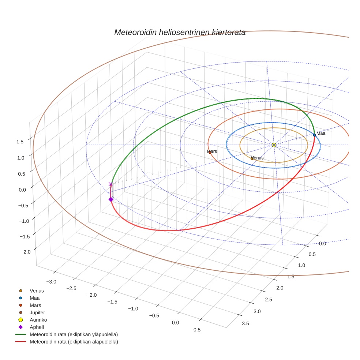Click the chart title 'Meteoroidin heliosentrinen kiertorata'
[x=180, y=32]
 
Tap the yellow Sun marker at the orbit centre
[x=274, y=145]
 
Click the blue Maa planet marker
[x=314, y=135]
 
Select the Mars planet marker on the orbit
[x=210, y=153]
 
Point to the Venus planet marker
[x=252, y=159]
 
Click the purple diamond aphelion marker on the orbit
[x=110, y=199]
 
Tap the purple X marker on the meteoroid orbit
[x=110, y=184]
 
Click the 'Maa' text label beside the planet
[x=321, y=133]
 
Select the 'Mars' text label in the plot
[x=212, y=151]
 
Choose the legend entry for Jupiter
[x=37, y=312]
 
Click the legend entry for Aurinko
[x=38, y=320]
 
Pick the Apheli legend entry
[x=37, y=327]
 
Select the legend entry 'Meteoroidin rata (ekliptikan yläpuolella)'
[x=74, y=334]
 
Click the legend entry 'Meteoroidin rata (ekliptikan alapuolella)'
[x=74, y=342]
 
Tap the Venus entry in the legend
[x=37, y=290]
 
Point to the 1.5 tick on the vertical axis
[x=20, y=142]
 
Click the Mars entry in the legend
[x=35, y=305]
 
